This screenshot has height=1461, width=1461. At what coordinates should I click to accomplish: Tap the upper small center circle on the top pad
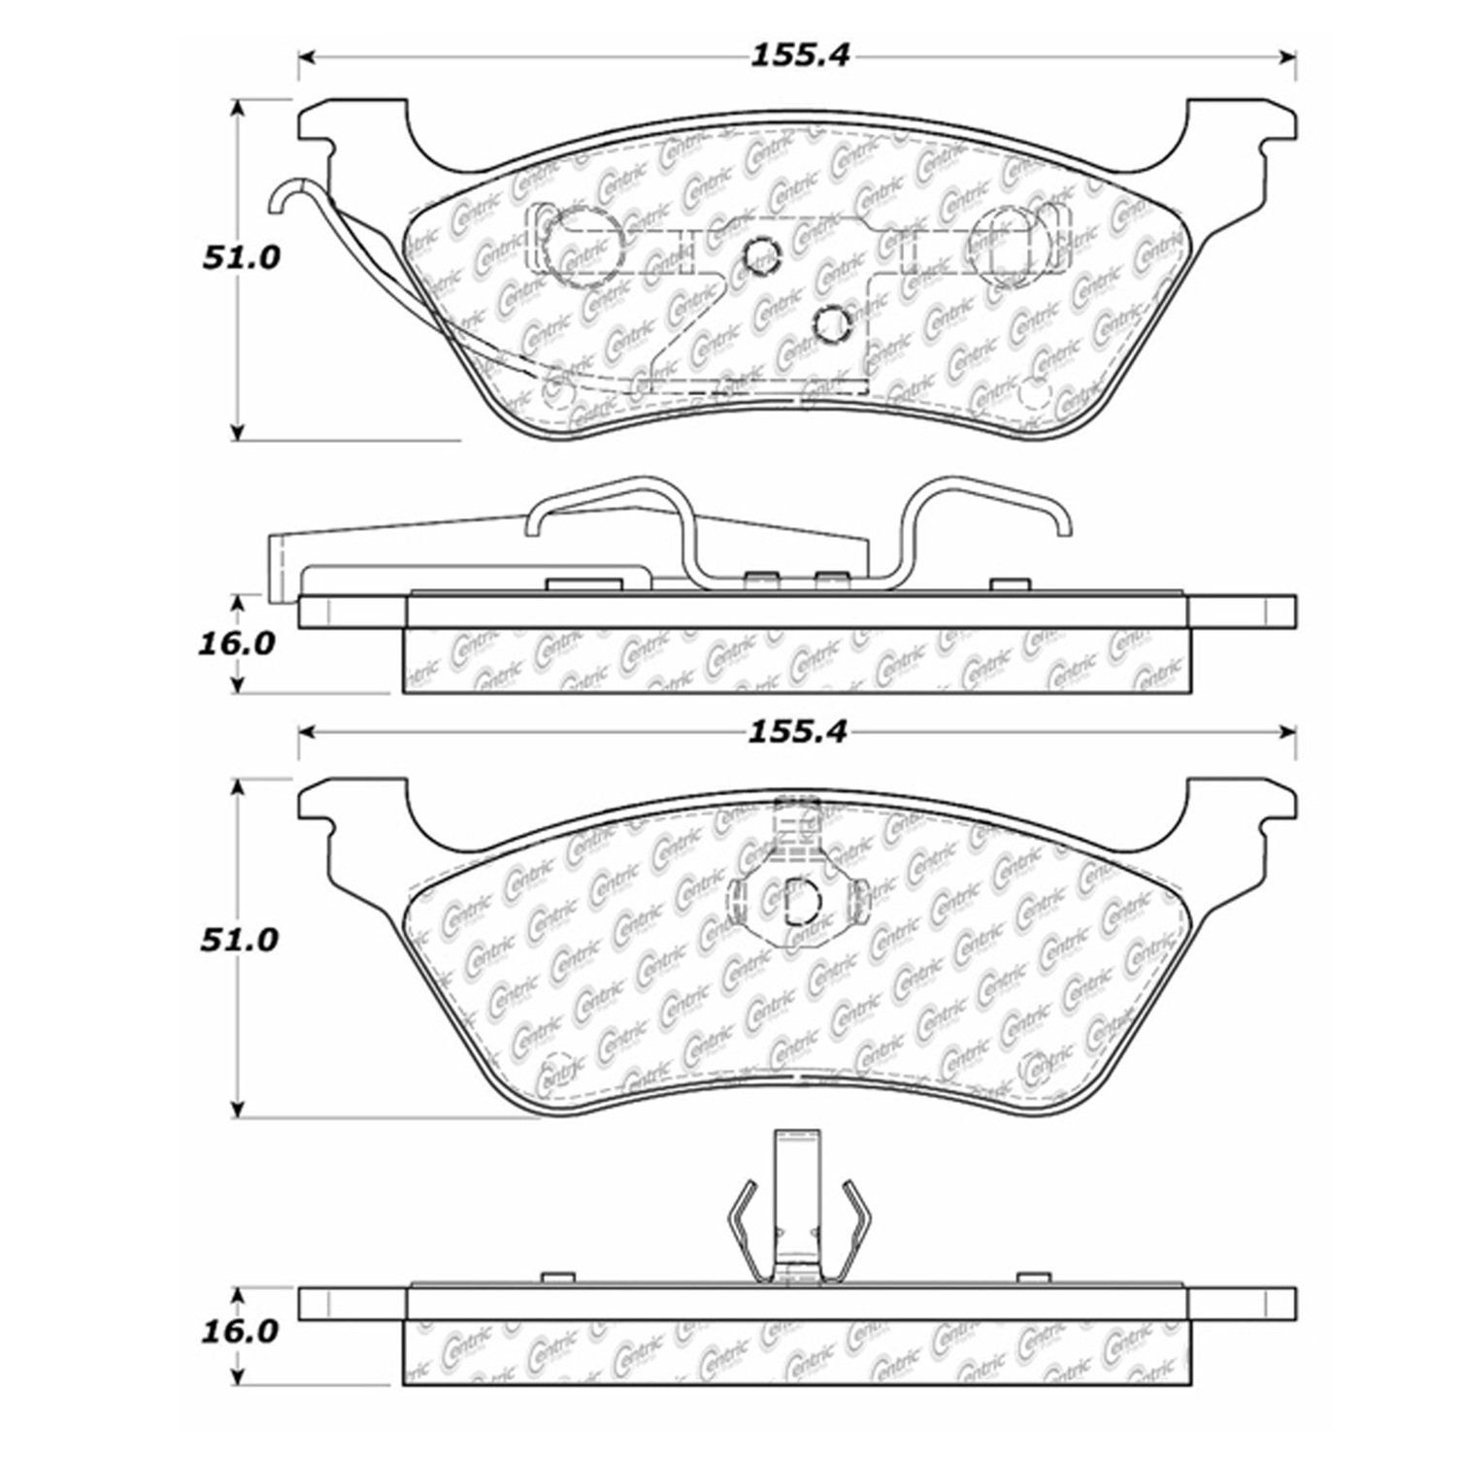[761, 256]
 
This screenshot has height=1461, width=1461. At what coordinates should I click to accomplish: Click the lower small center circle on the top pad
[833, 322]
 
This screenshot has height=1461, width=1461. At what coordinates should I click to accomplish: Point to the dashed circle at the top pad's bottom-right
[1035, 395]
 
